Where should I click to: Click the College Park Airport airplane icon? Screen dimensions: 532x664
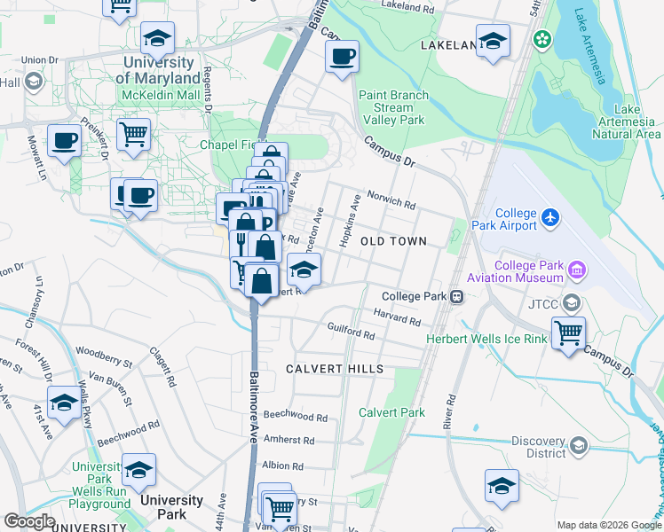tap(550, 217)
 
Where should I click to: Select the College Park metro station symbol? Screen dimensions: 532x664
tap(456, 296)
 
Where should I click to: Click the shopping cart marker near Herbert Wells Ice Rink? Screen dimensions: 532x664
tap(568, 333)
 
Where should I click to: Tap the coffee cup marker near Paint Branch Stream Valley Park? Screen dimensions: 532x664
tap(342, 58)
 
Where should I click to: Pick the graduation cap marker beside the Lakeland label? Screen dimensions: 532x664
tap(493, 40)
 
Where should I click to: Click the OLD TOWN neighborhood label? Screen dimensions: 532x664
tap(393, 241)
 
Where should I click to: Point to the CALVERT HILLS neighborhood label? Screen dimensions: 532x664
tap(335, 369)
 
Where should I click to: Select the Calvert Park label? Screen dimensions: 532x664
tap(391, 412)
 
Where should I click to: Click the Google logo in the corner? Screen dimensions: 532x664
tap(29, 521)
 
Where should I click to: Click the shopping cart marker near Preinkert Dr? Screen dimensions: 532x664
tap(133, 135)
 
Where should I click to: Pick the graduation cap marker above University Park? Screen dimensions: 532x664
tap(138, 469)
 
